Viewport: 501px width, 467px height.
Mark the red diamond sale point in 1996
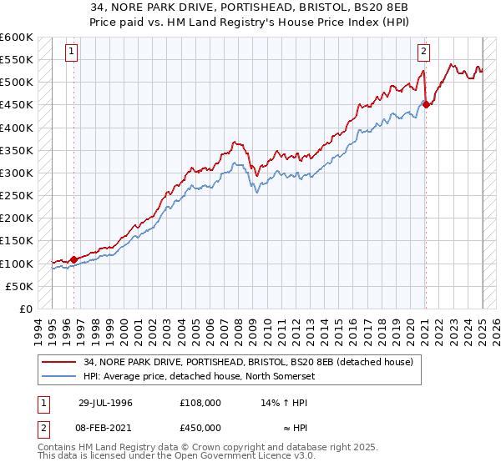click(73, 259)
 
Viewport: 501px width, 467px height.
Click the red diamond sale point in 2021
click(426, 104)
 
